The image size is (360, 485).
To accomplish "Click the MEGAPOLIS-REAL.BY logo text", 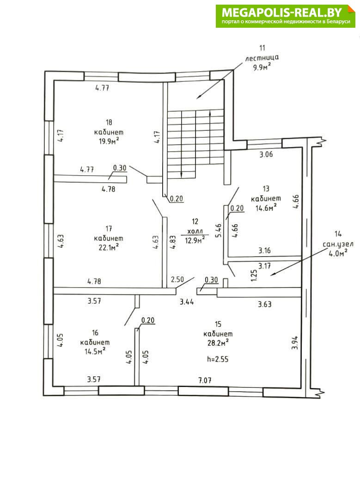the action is [x=282, y=12].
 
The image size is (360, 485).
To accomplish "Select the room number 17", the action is [x=109, y=228].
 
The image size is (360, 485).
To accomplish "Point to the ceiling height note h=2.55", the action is [x=218, y=359].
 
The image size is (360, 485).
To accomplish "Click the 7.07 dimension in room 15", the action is [x=205, y=380].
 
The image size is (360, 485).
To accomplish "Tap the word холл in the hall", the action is [x=195, y=231].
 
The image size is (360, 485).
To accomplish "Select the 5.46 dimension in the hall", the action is [x=219, y=230].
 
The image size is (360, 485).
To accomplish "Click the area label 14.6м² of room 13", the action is [x=266, y=208].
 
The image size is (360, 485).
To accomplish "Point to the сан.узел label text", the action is [x=338, y=245].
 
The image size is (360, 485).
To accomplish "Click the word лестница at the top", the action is [x=262, y=58].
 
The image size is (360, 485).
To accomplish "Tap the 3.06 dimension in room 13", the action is [x=266, y=154].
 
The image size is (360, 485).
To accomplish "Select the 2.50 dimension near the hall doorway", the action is [x=177, y=280].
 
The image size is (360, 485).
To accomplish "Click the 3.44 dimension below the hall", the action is [x=187, y=301].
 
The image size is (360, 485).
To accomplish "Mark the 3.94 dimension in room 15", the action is [x=295, y=343].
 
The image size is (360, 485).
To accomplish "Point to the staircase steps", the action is [x=195, y=143].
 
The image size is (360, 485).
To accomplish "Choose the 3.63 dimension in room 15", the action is [x=265, y=304].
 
